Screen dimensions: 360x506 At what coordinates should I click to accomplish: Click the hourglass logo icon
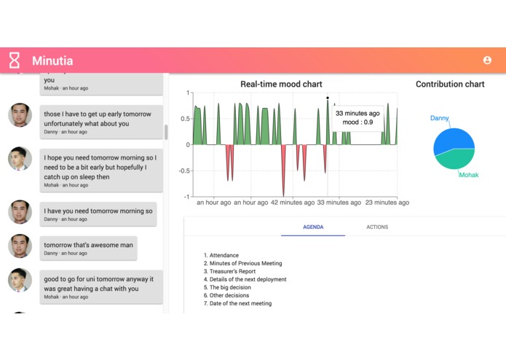pyautogui.click(x=14, y=60)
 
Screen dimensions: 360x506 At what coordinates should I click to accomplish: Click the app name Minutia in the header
pyautogui.click(x=52, y=61)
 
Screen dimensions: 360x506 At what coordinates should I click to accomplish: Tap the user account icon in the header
pyautogui.click(x=487, y=60)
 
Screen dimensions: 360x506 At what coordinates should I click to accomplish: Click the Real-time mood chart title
pyautogui.click(x=281, y=85)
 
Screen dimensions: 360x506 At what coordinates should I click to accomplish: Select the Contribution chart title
pyautogui.click(x=450, y=85)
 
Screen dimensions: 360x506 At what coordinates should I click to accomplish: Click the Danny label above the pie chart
pyautogui.click(x=440, y=118)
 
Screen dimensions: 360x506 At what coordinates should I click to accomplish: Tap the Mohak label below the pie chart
pyautogui.click(x=468, y=175)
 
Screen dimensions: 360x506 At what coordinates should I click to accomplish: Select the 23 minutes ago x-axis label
pyautogui.click(x=387, y=203)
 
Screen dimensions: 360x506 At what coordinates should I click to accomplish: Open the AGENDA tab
pyautogui.click(x=313, y=227)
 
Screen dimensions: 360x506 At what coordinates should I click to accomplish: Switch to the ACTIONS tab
pyautogui.click(x=377, y=227)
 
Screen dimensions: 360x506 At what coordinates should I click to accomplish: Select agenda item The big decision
pyautogui.click(x=229, y=287)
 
